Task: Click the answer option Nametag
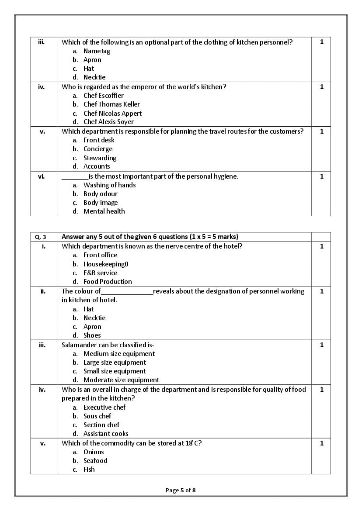click(97, 51)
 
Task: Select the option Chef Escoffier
click(103, 96)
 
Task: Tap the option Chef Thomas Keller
click(111, 104)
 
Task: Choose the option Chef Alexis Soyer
click(108, 122)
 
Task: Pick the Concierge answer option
click(98, 149)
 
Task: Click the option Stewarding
click(100, 158)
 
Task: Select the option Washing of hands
click(109, 185)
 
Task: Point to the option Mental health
click(104, 211)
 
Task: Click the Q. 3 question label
click(41, 237)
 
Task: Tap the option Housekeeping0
click(106, 264)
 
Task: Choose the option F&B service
click(100, 273)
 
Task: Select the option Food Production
click(108, 282)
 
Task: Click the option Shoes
click(92, 335)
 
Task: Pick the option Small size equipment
click(115, 371)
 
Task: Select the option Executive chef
click(104, 407)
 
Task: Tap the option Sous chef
click(97, 416)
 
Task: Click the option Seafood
click(95, 461)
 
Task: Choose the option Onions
click(94, 452)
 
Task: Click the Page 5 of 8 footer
click(181, 490)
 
